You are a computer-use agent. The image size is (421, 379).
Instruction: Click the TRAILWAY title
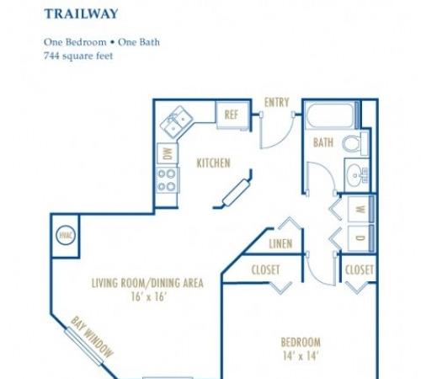tap(81, 13)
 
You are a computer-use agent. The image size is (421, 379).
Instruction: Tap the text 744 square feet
tap(78, 56)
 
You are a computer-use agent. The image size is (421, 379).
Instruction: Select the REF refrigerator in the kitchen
tap(232, 115)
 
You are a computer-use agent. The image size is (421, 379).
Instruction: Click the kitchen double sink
tap(176, 122)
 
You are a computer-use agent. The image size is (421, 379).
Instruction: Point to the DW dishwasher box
tap(168, 153)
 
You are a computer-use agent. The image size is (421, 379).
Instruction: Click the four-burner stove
tap(168, 180)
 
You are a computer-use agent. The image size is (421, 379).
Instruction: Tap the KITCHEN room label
tap(214, 163)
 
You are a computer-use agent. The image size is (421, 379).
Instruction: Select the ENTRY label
tap(277, 102)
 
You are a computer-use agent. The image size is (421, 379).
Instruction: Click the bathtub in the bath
tap(330, 115)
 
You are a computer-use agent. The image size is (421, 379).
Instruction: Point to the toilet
tap(355, 143)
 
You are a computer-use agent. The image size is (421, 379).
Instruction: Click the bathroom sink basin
tap(355, 175)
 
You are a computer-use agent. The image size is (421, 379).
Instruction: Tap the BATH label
tap(323, 142)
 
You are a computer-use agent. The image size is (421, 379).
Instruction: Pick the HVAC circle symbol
tap(66, 235)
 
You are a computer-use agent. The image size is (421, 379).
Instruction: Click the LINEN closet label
tap(280, 243)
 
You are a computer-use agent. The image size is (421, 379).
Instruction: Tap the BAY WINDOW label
tap(93, 337)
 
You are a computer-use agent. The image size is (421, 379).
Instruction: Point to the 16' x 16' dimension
tap(149, 296)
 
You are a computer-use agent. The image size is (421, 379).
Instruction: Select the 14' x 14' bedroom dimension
tap(301, 356)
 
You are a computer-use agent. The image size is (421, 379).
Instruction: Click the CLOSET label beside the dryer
tap(360, 270)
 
